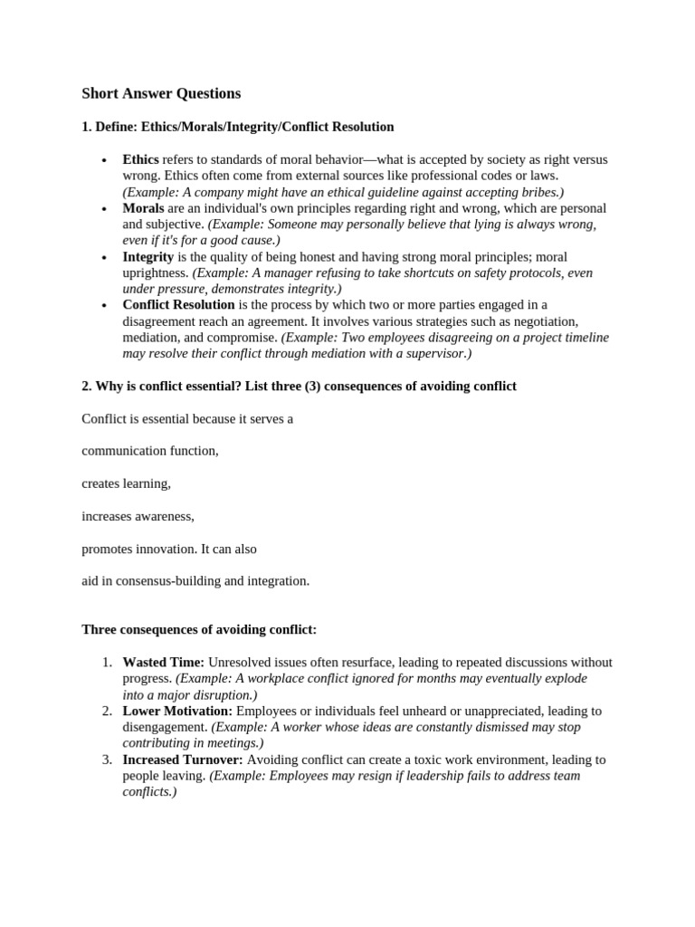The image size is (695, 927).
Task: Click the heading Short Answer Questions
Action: [161, 93]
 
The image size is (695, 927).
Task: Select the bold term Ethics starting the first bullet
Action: [140, 159]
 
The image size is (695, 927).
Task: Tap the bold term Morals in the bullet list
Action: [143, 208]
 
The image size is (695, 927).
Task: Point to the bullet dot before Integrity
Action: [105, 258]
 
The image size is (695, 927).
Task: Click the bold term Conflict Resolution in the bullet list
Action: [178, 305]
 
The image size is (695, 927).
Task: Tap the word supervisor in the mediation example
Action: [437, 354]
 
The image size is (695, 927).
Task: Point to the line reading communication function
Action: [150, 450]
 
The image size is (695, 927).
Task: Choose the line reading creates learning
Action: [126, 483]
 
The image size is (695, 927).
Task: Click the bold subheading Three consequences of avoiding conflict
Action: [199, 629]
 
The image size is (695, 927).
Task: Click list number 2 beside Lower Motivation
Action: [107, 711]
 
